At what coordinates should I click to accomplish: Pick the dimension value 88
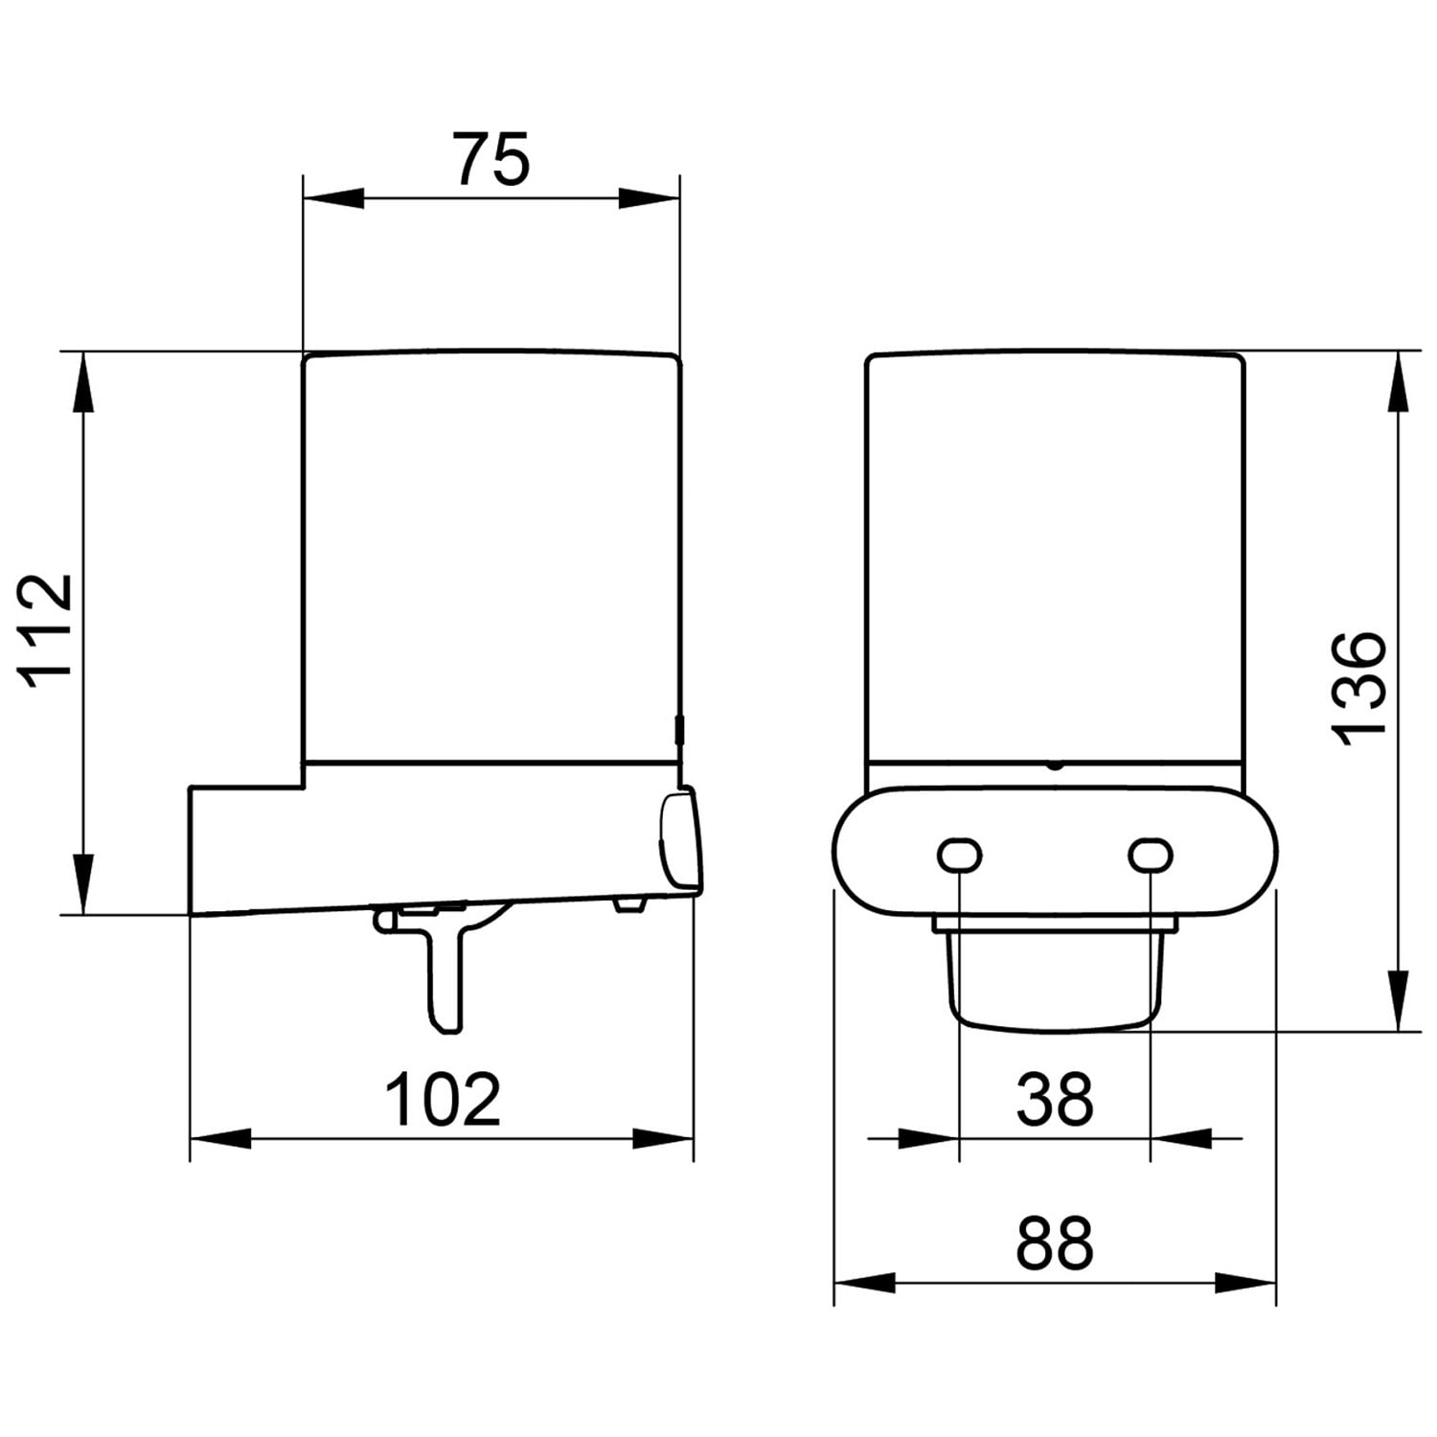[1055, 1243]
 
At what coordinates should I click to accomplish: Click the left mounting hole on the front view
[959, 855]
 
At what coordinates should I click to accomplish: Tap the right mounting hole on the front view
[1151, 855]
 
